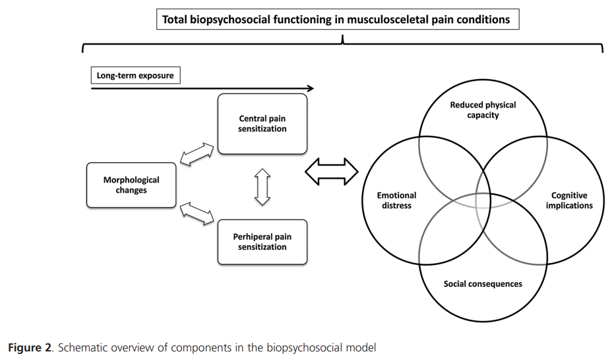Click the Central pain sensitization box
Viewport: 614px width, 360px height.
[262, 124]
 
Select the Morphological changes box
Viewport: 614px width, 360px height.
[131, 185]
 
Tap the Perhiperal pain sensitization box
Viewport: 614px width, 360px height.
[262, 242]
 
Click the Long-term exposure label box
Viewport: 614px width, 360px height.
[135, 76]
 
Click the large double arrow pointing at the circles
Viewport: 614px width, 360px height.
[332, 173]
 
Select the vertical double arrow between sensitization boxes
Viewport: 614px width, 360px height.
[262, 187]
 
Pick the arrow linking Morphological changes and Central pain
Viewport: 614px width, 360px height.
[197, 154]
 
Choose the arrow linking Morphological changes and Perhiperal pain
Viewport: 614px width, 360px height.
[197, 213]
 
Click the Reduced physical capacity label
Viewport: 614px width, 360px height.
[483, 110]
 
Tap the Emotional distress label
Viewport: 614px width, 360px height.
[396, 200]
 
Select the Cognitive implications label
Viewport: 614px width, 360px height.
[569, 200]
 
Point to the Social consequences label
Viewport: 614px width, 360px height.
[483, 284]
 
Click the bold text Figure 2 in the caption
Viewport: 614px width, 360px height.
[29, 348]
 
